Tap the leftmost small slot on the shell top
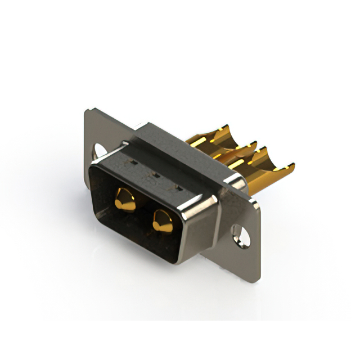coord(133,163)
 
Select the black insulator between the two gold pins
coord(143,210)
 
